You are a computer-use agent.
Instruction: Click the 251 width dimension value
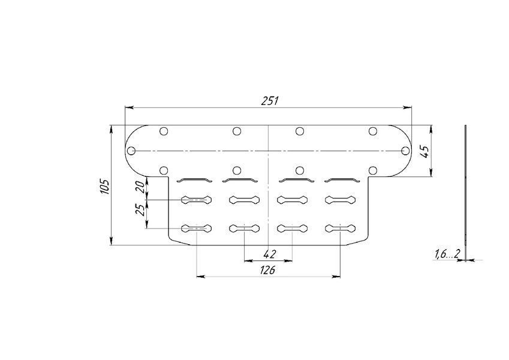[x=270, y=101]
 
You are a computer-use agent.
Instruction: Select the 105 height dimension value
[x=105, y=186]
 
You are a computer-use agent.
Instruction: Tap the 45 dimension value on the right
[x=424, y=151]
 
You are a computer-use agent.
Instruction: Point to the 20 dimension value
[x=140, y=187]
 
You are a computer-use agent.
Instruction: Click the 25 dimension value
[x=140, y=210]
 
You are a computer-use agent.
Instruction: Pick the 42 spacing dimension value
[x=269, y=254]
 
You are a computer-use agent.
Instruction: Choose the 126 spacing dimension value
[x=267, y=269]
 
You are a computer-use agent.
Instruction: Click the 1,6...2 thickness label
[x=447, y=254]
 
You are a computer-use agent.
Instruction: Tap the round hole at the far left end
[x=131, y=151]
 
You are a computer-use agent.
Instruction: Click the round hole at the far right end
[x=405, y=151]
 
